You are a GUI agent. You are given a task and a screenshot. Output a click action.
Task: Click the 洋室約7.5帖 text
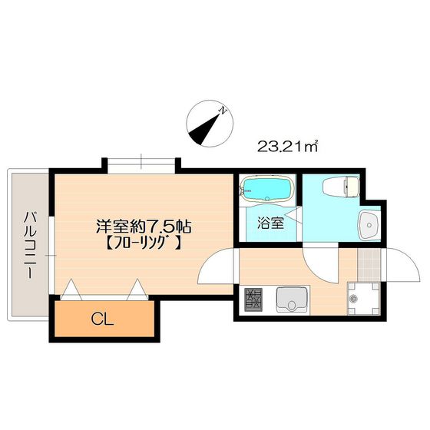[x=143, y=227]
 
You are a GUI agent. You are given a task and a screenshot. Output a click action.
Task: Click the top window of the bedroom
[x=141, y=164]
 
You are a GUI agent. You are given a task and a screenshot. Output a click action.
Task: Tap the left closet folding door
[x=72, y=289]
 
